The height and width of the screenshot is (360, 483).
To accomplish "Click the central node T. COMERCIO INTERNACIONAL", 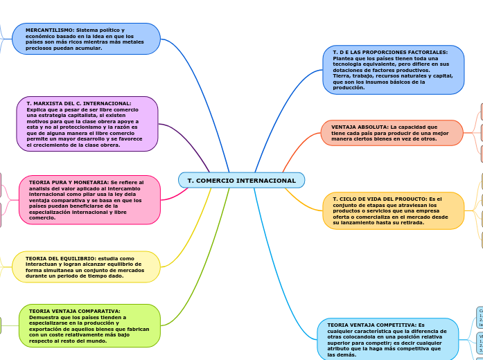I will pos(241,181).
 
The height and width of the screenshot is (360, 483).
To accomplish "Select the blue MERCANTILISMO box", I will pos(86,39).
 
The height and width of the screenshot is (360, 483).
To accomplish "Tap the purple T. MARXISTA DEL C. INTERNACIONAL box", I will pos(87,124).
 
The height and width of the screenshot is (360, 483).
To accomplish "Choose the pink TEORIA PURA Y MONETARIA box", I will pos(89,200).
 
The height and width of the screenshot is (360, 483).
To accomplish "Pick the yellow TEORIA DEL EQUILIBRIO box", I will pos(86,267).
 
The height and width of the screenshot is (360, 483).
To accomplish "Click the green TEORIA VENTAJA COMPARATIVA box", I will pos(89,326).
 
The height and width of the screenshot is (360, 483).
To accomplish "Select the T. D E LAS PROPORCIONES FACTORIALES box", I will pos(393,70).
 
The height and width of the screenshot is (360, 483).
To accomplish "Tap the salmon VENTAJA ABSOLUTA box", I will pos(392,133).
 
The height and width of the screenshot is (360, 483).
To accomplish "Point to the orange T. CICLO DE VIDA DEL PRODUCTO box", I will pos(393,210).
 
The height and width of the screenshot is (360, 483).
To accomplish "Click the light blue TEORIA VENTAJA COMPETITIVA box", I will pos(387,339).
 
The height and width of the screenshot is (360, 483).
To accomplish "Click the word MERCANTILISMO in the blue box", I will pos(51,30).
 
